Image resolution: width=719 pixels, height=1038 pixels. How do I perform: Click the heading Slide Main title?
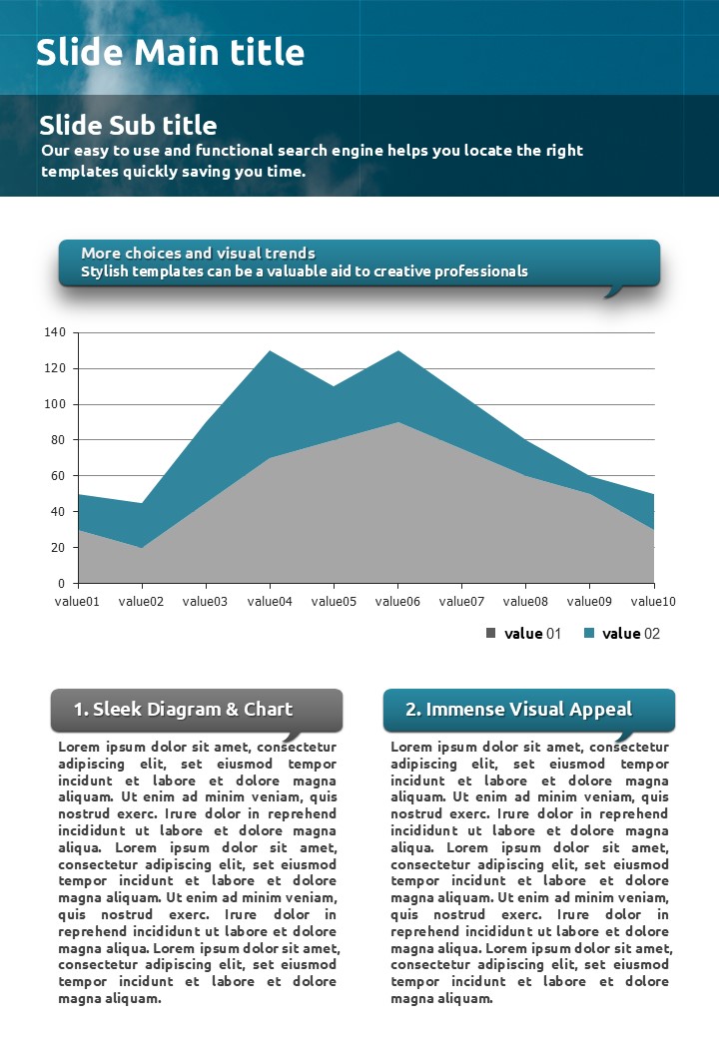pos(170,52)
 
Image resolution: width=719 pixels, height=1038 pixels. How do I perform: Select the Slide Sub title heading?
pos(128,125)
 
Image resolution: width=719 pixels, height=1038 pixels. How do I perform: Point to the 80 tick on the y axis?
pos(58,440)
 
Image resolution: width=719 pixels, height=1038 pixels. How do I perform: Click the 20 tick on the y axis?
pos(58,548)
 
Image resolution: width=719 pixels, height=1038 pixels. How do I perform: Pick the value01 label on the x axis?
pos(77,601)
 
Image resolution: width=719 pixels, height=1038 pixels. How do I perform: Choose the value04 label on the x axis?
pos(270,601)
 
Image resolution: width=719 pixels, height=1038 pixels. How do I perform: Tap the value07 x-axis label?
pos(461,601)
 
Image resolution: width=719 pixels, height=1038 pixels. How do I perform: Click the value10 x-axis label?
pos(653,601)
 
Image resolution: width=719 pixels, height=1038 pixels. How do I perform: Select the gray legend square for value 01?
pos(490,633)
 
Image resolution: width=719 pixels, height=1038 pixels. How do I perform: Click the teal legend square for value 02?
pos(588,633)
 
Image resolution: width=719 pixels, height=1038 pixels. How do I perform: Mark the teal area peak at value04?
pos(270,351)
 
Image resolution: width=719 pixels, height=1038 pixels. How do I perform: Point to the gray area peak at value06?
pos(397,422)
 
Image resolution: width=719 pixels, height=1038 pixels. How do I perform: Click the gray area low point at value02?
pos(142,547)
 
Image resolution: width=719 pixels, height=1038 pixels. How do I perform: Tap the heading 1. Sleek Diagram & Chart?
pos(183,710)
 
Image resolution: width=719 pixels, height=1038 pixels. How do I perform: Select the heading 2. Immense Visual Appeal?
pos(518,710)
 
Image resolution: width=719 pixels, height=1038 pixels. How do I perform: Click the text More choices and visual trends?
pos(198,254)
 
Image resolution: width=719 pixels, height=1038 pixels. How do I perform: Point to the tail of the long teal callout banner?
pos(614,292)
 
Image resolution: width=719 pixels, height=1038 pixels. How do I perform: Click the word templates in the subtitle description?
pos(78,172)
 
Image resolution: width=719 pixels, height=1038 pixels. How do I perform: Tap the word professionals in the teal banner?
pos(477,271)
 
